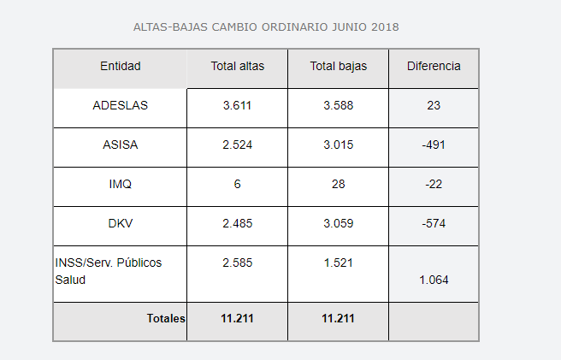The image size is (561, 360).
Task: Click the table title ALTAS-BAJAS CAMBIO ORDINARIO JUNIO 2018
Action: (266, 27)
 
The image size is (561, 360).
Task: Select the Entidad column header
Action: (120, 66)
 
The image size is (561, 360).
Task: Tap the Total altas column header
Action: (237, 66)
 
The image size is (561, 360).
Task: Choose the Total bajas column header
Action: (338, 66)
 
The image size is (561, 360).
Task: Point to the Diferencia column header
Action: (434, 66)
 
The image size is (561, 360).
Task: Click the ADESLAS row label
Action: (120, 106)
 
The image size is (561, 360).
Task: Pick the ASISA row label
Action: (120, 145)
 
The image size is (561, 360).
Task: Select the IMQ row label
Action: (120, 185)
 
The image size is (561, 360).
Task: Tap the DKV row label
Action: (120, 224)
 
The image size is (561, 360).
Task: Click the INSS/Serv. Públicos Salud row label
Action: (108, 271)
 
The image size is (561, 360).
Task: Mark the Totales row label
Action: (166, 319)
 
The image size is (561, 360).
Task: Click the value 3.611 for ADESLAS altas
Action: (237, 106)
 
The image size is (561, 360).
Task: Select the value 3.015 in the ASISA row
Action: (338, 145)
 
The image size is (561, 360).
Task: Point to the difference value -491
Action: (434, 145)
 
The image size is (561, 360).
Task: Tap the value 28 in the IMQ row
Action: (338, 185)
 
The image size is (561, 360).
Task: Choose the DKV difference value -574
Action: (434, 224)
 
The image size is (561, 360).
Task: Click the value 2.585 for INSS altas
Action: (237, 263)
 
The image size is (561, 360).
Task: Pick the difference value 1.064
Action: (434, 280)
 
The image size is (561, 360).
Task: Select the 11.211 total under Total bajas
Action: (338, 319)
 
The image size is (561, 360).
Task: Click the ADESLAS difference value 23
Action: (434, 106)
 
